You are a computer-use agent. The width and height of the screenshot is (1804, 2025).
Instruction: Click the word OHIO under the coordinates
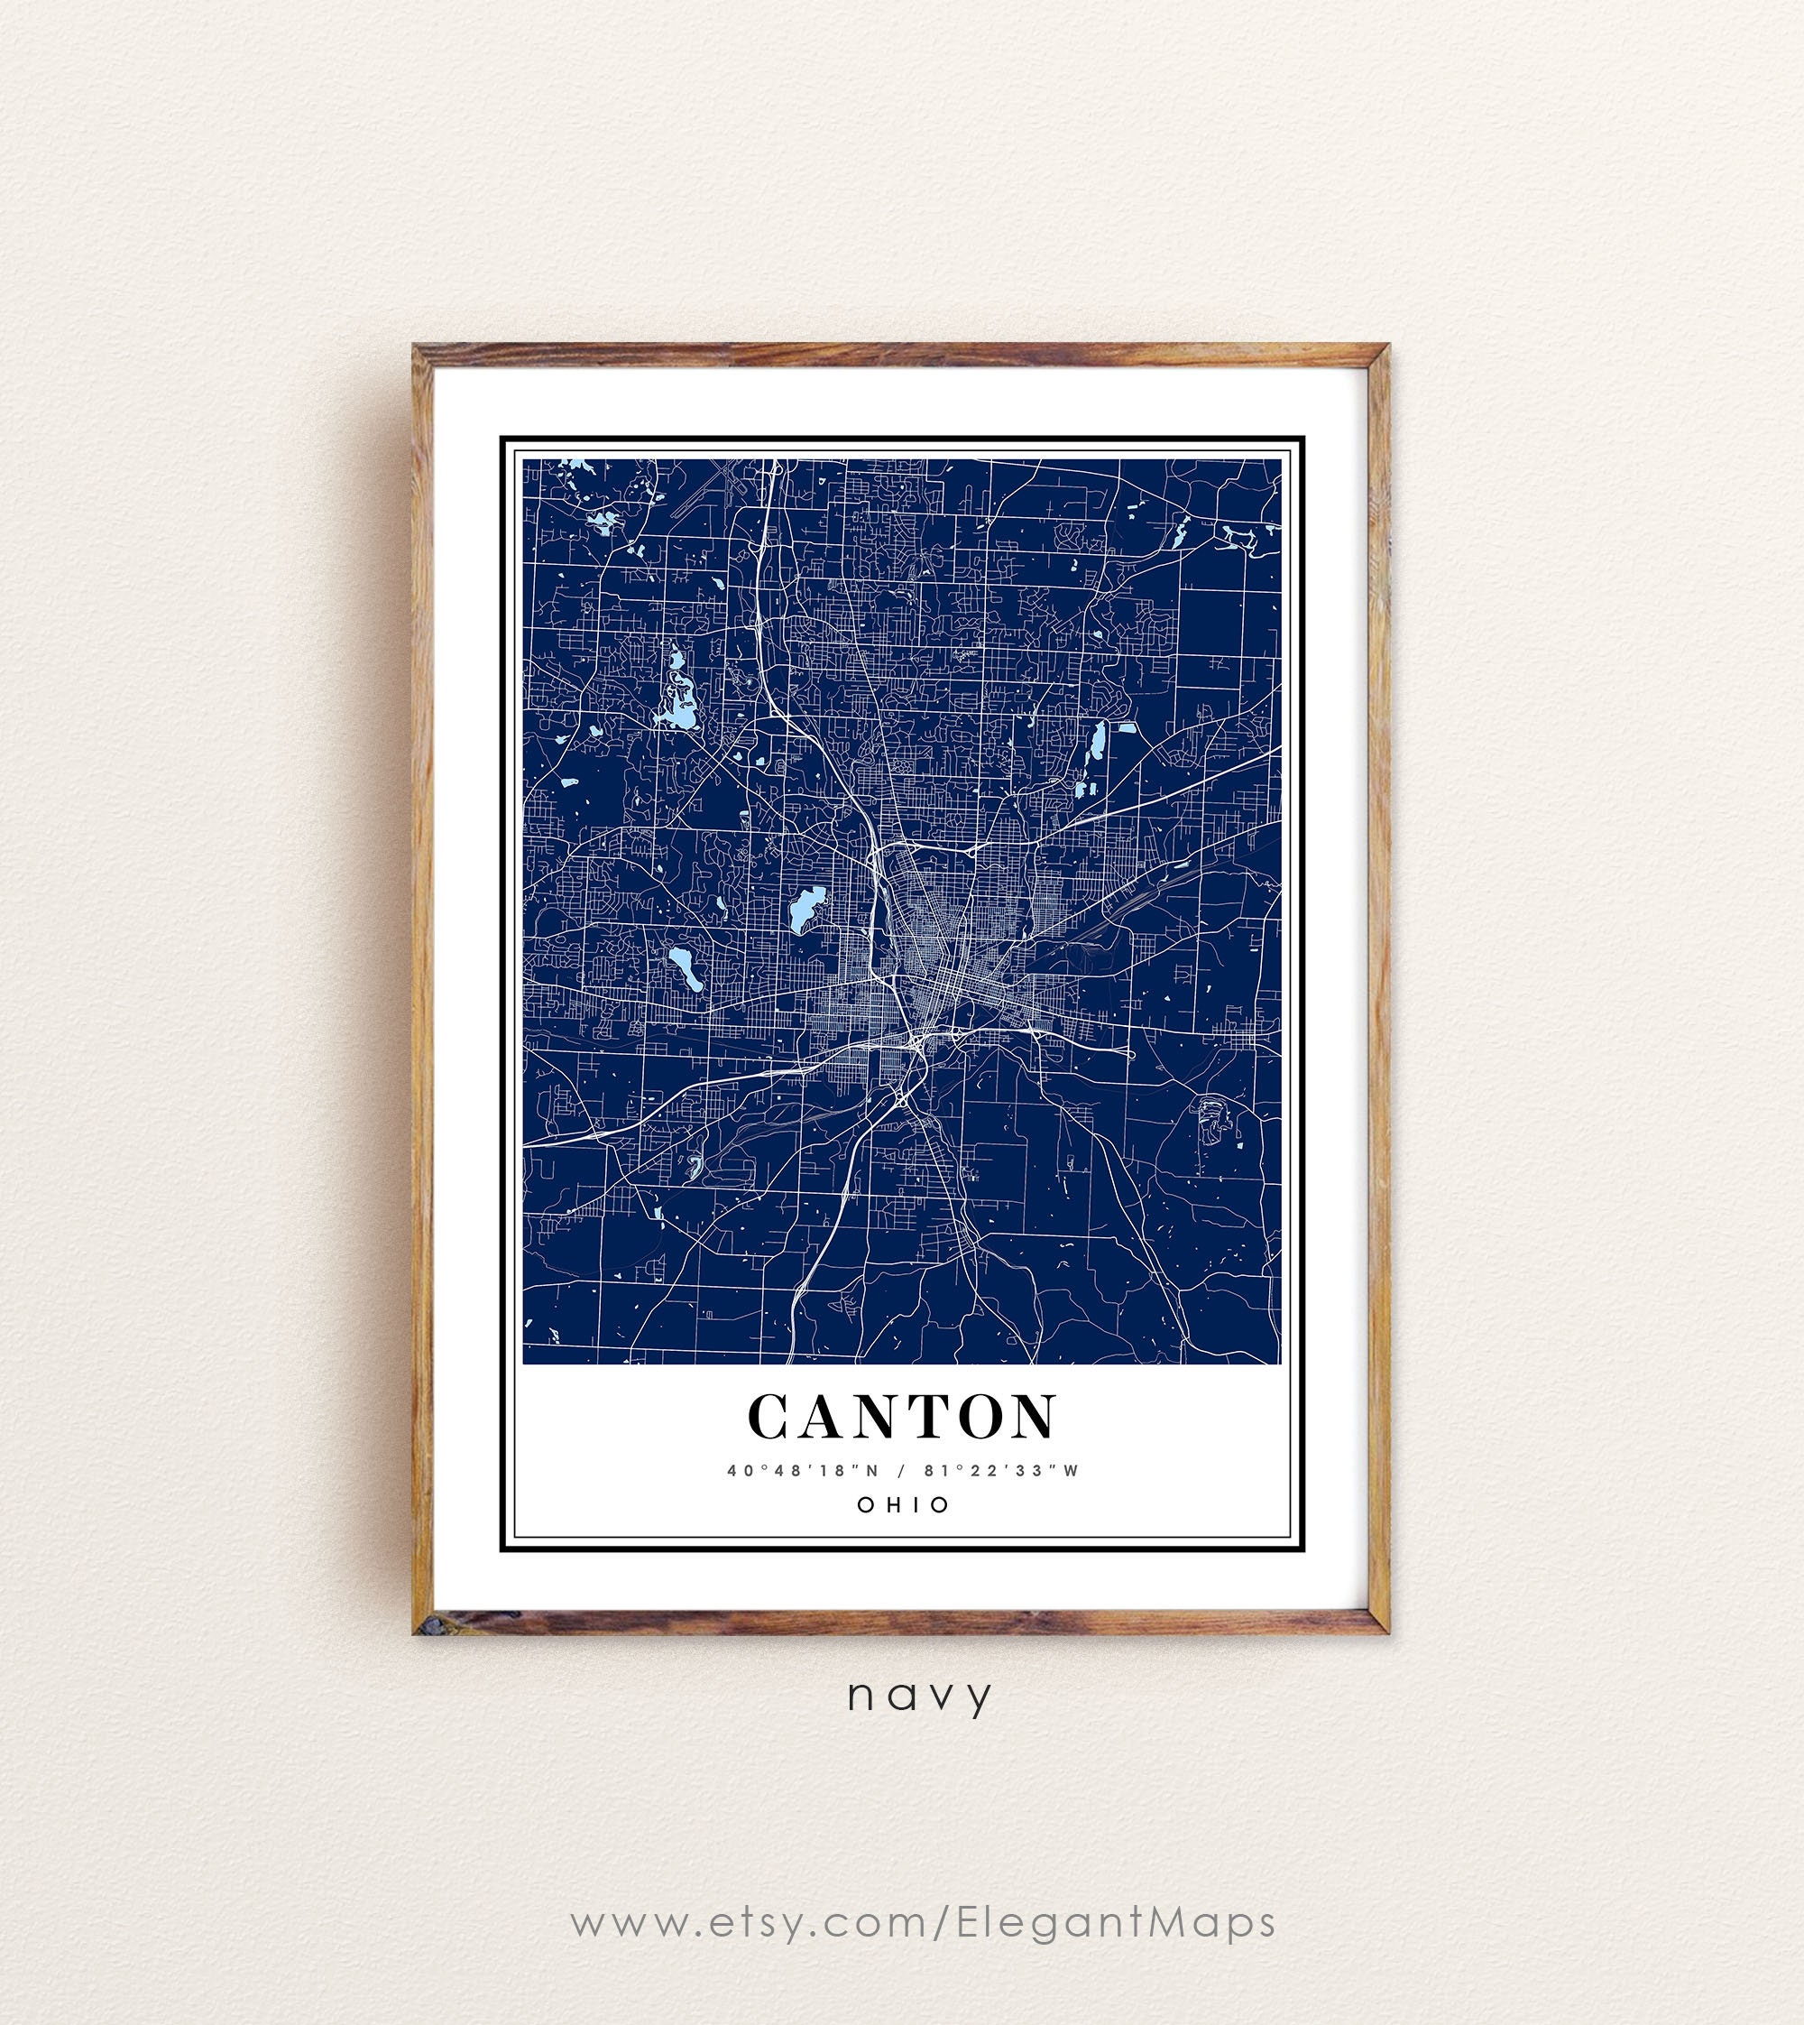click(902, 1504)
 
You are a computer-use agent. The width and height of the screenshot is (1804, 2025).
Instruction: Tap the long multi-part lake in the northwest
click(678, 694)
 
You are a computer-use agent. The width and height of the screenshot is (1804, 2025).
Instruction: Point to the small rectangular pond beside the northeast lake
click(1127, 728)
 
